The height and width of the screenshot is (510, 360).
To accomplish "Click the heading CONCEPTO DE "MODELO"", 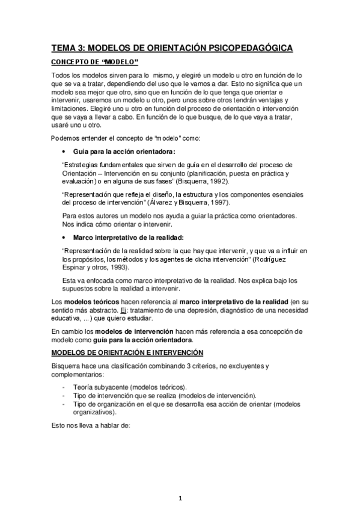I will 94,63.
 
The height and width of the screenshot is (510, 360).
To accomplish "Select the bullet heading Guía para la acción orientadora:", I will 124,152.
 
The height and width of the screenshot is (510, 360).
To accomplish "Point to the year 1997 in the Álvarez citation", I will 219,203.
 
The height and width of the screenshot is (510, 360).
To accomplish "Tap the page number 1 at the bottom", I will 180,498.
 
